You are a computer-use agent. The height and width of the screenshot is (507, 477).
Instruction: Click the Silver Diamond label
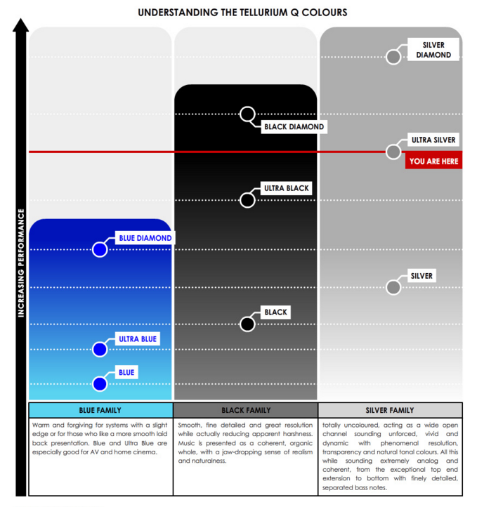coord(433,50)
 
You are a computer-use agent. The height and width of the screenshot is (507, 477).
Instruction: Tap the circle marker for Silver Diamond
coord(394,57)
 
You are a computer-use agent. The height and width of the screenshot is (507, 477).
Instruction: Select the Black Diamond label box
coord(294,127)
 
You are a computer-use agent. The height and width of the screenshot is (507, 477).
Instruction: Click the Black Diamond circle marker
coord(247,114)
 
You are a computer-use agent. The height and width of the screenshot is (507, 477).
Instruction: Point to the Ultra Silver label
coord(433,140)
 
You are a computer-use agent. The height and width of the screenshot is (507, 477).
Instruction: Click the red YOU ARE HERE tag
coord(433,162)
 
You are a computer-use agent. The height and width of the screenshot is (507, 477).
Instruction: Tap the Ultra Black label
coord(286,188)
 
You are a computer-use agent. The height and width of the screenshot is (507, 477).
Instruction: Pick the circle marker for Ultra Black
coord(247,200)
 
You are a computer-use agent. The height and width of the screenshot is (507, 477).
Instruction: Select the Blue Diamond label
coord(145,238)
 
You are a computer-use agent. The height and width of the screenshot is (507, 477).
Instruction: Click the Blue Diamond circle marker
coord(100,249)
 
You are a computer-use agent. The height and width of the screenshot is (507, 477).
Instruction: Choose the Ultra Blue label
coord(138,339)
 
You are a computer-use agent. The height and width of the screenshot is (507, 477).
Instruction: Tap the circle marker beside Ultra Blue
coord(100,349)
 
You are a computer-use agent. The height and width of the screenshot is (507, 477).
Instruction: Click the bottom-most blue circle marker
coord(100,384)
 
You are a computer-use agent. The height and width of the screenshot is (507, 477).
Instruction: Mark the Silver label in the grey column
coord(422,276)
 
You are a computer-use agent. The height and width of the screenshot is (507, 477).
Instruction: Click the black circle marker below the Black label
coord(247,324)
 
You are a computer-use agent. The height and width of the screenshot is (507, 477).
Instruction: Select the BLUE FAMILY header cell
coord(100,410)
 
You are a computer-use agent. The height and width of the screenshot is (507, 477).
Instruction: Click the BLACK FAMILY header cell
coord(245,410)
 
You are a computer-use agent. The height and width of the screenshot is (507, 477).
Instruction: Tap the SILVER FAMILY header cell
coord(390,410)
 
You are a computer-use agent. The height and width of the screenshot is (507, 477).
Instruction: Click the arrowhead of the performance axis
coord(21,26)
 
